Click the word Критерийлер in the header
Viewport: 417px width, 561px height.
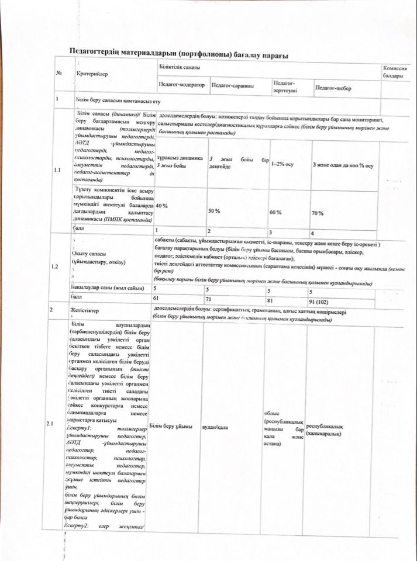tap(92, 74)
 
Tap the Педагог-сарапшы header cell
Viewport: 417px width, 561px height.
tap(232, 86)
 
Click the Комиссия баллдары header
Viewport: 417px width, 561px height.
tap(392, 73)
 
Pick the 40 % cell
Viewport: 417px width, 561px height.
tap(162, 206)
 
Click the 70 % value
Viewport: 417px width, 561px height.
tap(318, 213)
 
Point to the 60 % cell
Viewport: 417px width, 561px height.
tap(275, 212)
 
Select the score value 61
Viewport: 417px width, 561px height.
tap(156, 298)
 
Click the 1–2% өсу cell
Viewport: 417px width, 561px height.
tap(282, 164)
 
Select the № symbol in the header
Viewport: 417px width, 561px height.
tap(59, 74)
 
